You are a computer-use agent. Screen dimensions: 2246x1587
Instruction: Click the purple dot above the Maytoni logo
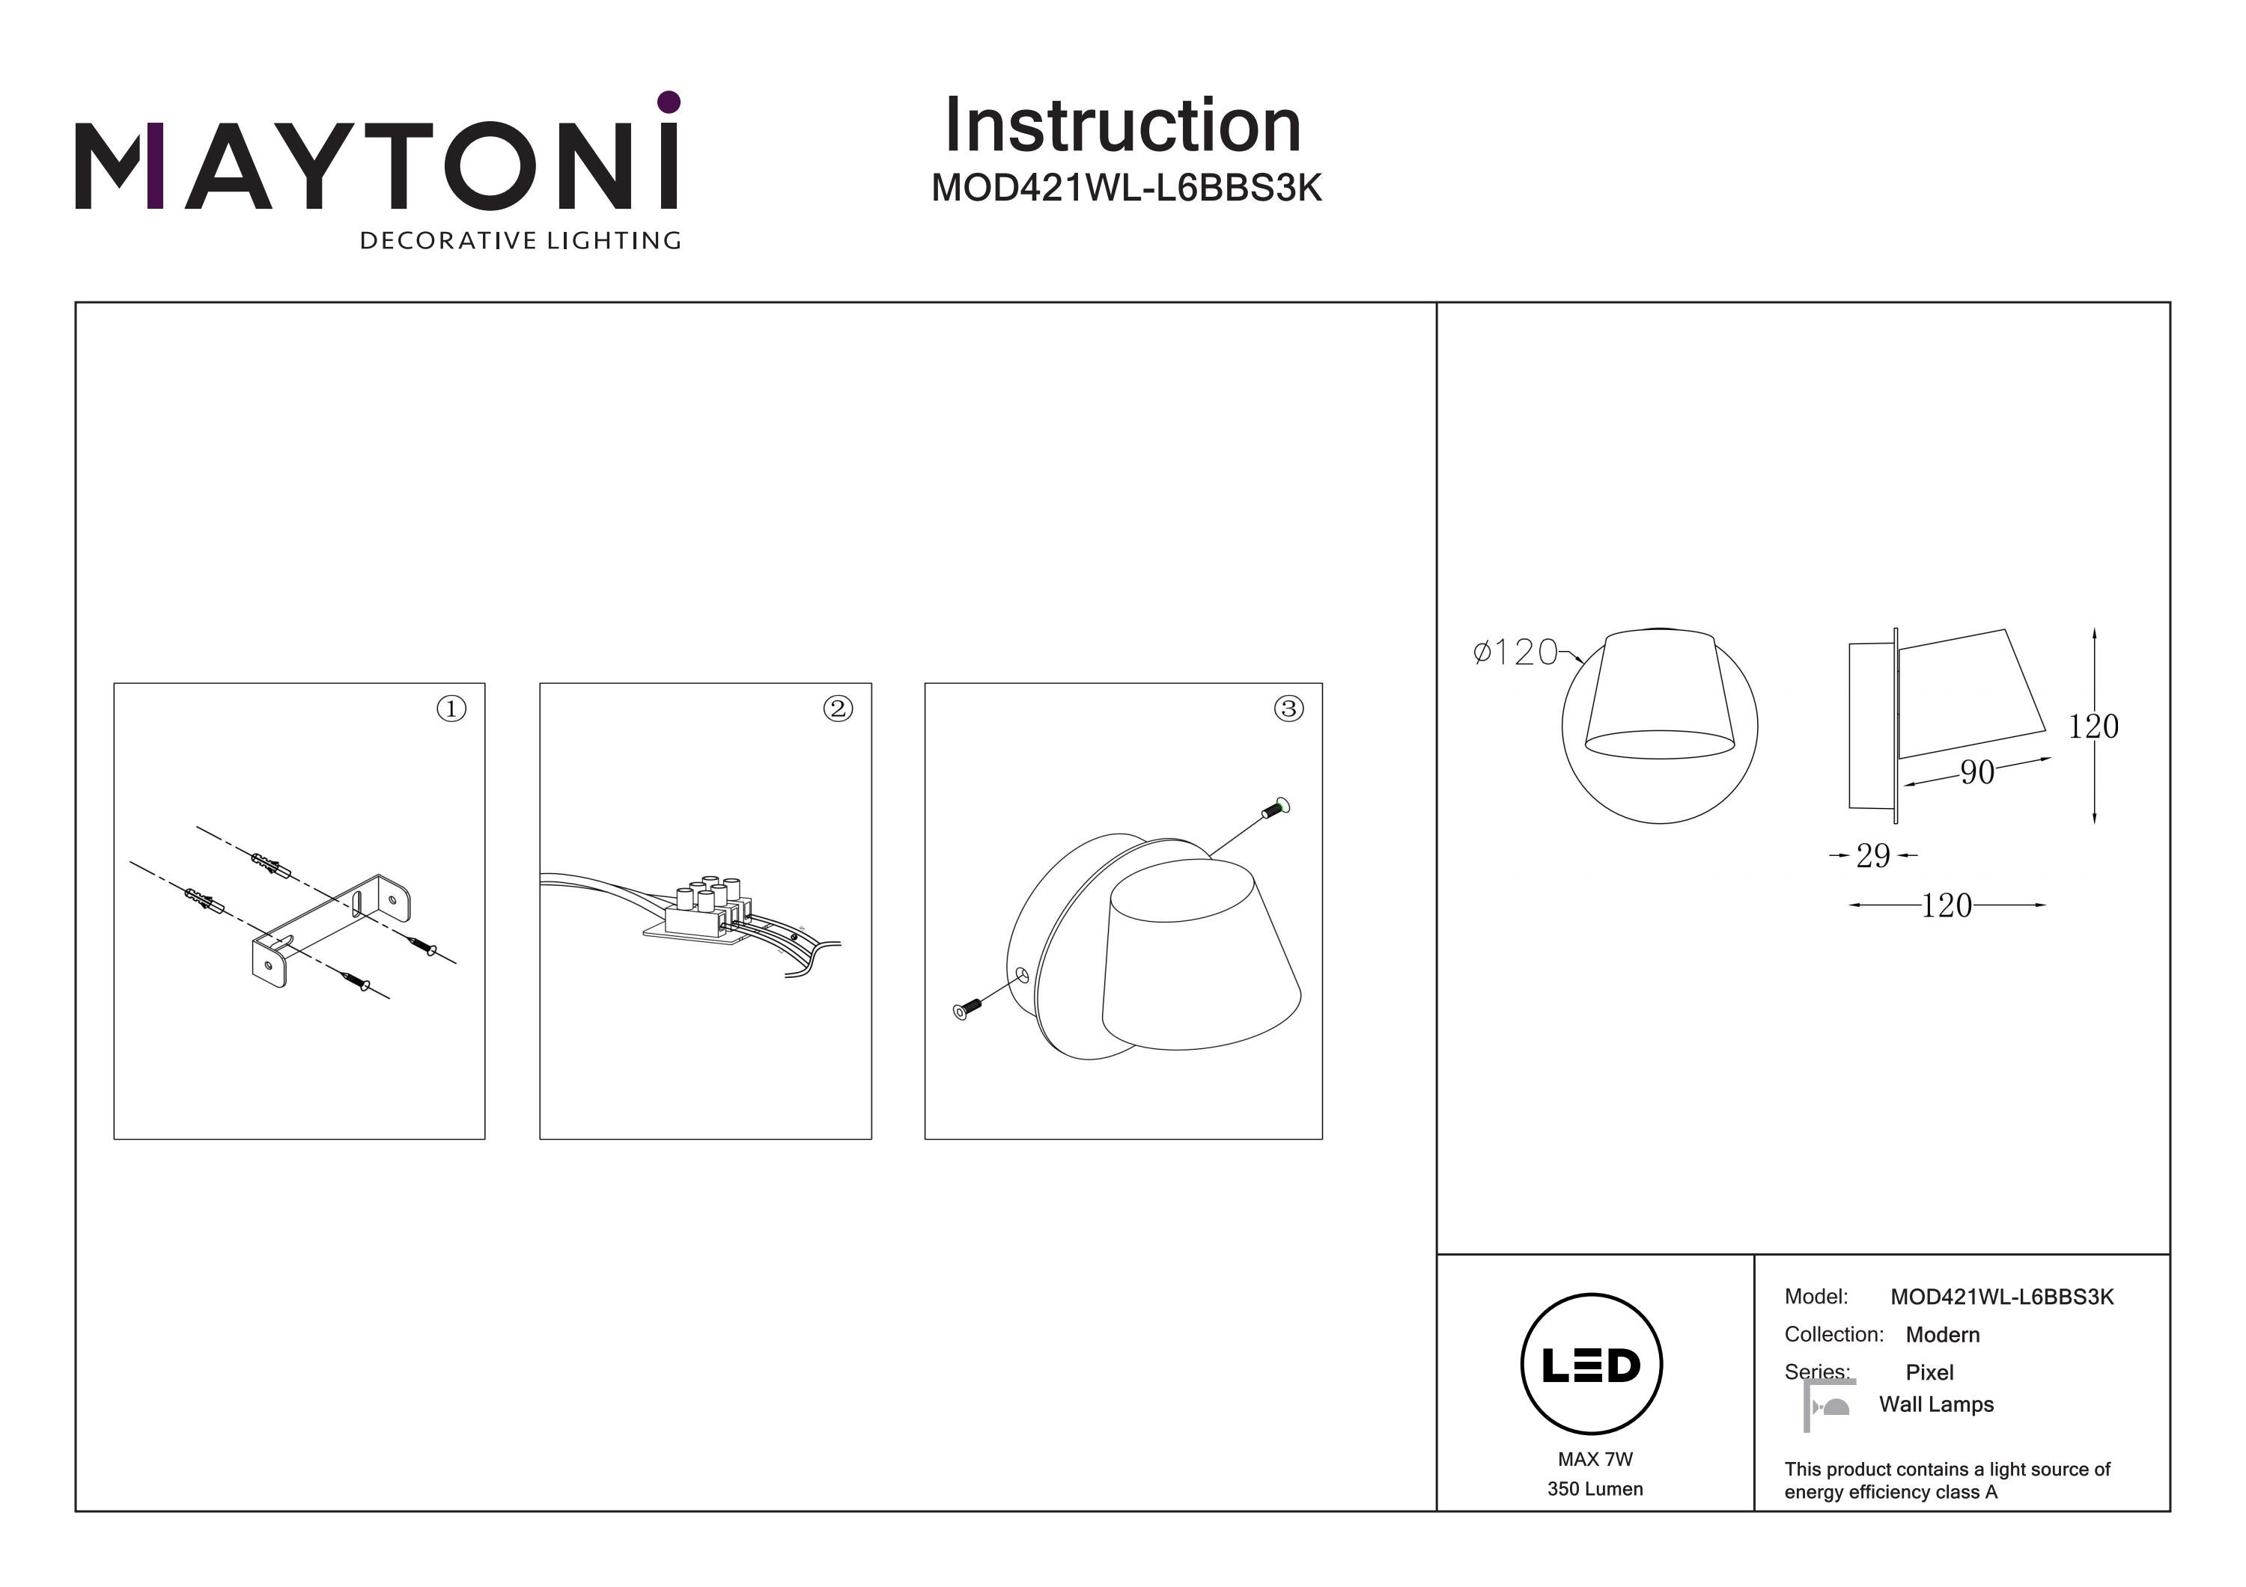(669, 102)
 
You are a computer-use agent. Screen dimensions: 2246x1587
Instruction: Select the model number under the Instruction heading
(1126, 188)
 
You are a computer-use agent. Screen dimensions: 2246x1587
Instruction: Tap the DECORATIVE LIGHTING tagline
(520, 240)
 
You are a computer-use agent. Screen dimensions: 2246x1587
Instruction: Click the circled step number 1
(451, 708)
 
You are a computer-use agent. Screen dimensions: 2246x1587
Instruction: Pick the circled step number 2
(837, 708)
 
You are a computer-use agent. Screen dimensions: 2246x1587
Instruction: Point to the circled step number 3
(1288, 708)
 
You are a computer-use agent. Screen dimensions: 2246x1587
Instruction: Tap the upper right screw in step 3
(1276, 807)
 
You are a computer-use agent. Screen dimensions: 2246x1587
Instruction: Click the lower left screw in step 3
(967, 1009)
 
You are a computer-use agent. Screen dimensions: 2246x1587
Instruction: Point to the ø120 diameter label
(1515, 652)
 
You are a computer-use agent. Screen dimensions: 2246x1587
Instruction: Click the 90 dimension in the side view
(1977, 772)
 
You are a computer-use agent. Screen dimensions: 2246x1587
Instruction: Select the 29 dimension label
(1873, 855)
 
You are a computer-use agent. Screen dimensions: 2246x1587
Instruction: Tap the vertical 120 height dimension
(2093, 727)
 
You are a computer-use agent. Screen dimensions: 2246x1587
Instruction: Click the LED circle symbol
(1592, 1364)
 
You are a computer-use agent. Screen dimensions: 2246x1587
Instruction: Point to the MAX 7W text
(1595, 1459)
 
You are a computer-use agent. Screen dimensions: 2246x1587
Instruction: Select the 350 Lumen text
(1595, 1489)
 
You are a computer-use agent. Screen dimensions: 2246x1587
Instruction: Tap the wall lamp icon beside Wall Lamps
(1828, 1405)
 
